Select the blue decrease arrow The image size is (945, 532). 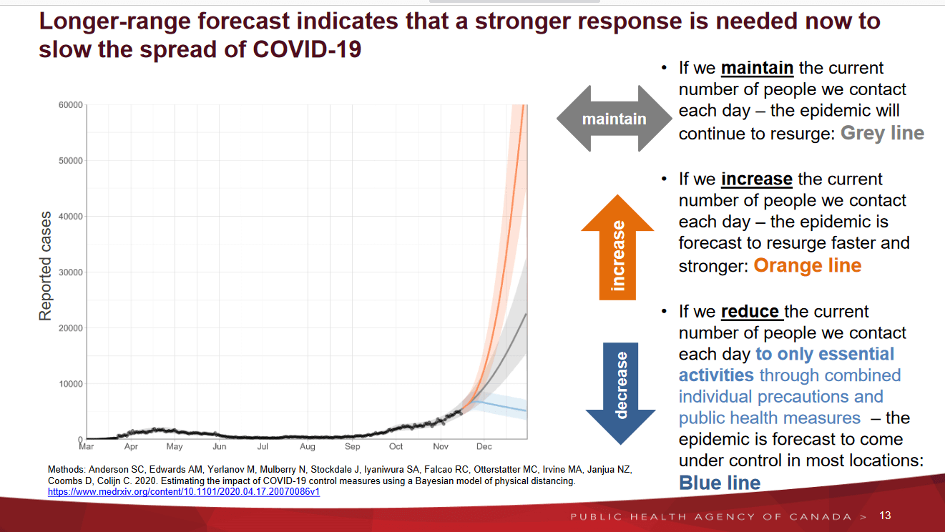(620, 386)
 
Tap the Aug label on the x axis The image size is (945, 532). (308, 447)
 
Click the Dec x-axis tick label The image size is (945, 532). (484, 447)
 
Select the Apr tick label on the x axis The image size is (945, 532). (131, 447)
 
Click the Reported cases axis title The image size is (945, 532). (45, 265)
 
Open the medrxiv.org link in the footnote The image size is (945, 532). (183, 492)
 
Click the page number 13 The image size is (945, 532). (885, 516)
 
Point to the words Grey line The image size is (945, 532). (882, 133)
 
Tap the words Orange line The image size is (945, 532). (807, 265)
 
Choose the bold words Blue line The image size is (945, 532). (720, 482)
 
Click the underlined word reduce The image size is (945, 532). (750, 312)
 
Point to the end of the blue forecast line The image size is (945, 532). (526, 410)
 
